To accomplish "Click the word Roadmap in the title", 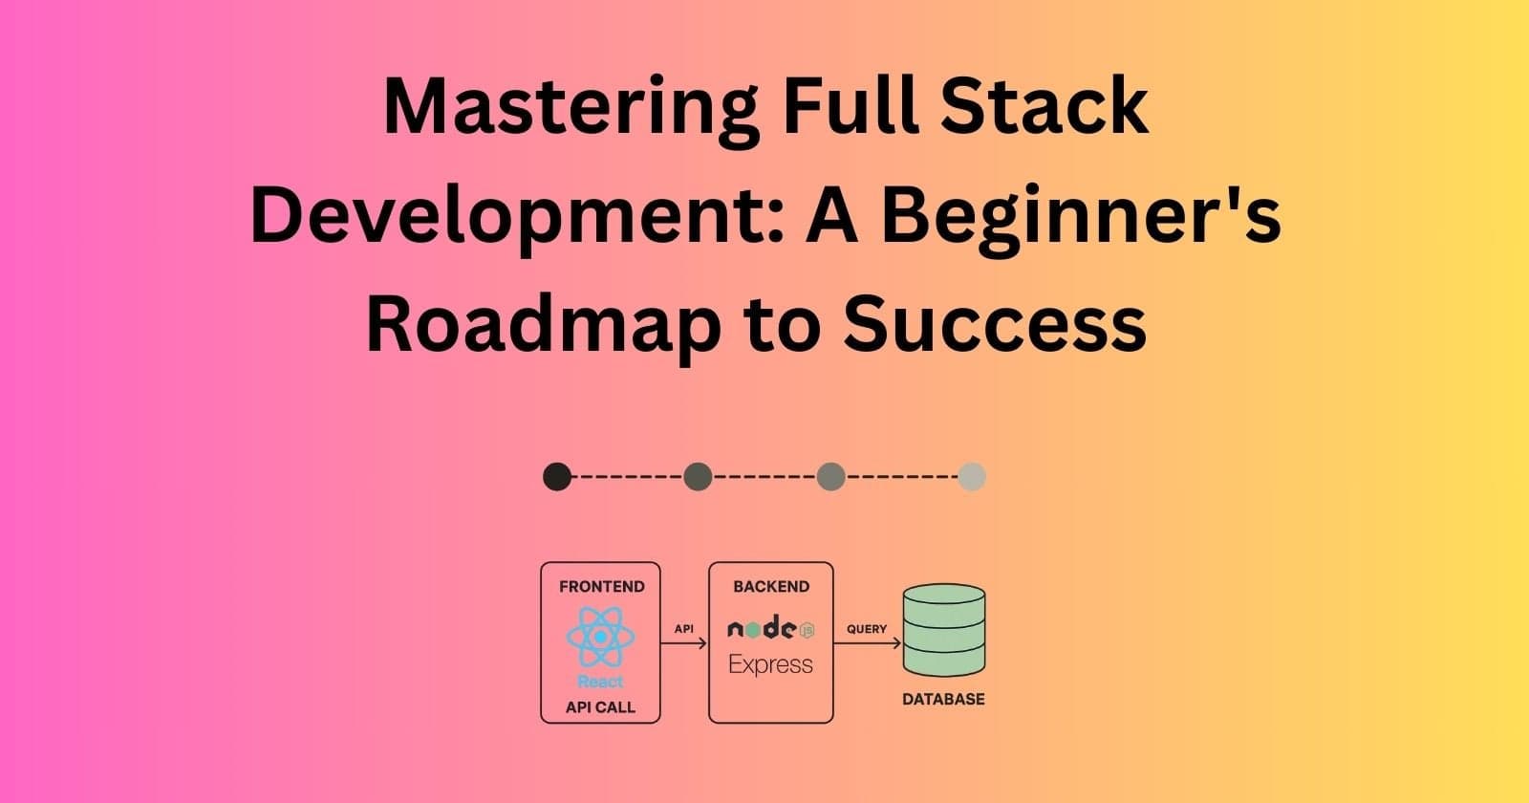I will click(x=541, y=323).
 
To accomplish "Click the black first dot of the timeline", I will click(x=557, y=476).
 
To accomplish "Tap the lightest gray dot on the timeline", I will click(x=972, y=476).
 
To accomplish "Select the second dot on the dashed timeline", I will click(x=698, y=476).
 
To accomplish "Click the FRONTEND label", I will click(x=601, y=586).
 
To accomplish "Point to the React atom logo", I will click(x=600, y=637).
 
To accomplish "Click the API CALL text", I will click(x=600, y=708).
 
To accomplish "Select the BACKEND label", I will click(x=770, y=586).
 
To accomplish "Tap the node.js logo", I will click(x=770, y=628).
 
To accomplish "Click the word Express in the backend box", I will click(x=770, y=664).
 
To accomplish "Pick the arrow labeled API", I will click(x=684, y=643).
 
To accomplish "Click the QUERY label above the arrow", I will click(x=867, y=629).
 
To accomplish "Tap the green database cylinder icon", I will click(x=943, y=630).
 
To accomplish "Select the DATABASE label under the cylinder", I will click(x=943, y=699).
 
